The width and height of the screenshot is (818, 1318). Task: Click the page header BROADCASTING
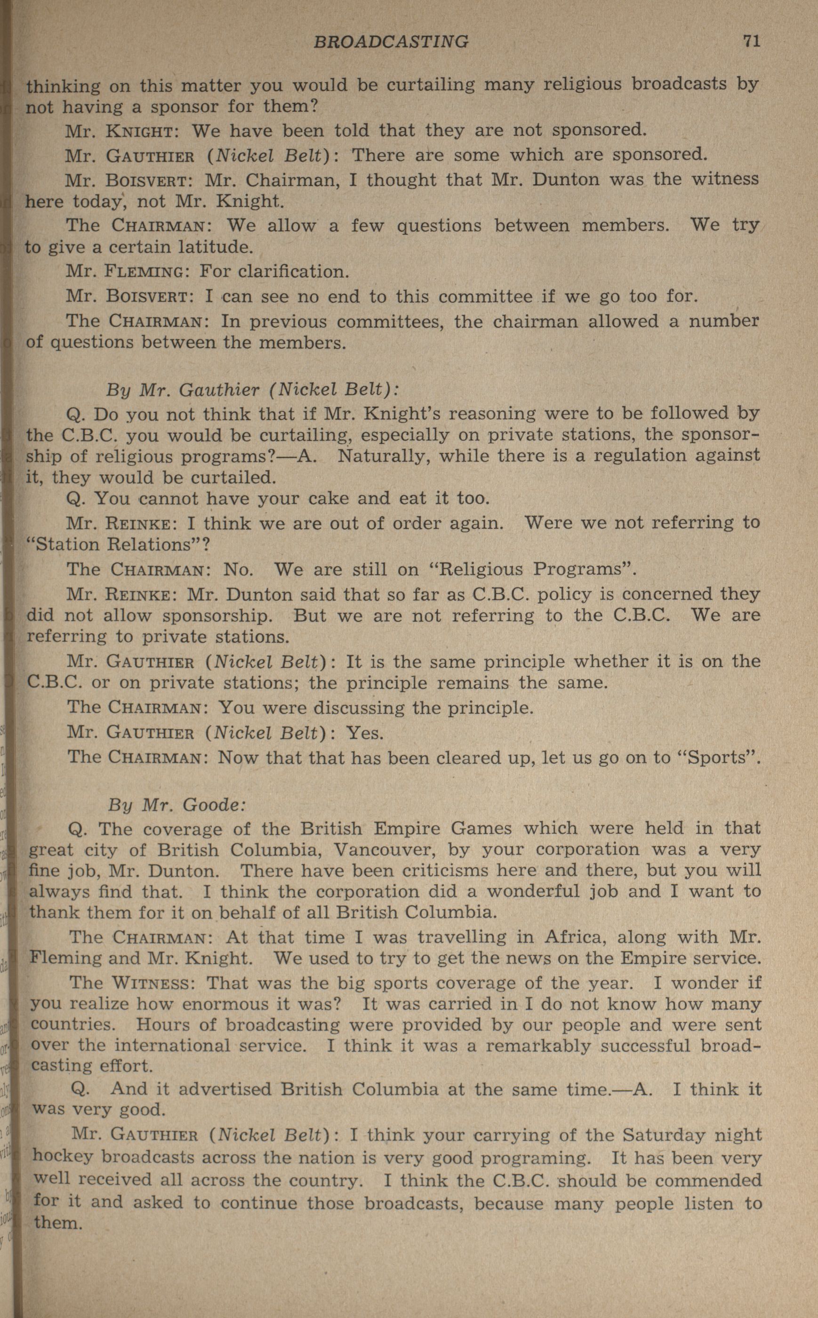[x=391, y=42]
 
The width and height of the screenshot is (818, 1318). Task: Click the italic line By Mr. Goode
[x=177, y=805]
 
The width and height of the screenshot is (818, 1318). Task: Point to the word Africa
[x=575, y=936]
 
